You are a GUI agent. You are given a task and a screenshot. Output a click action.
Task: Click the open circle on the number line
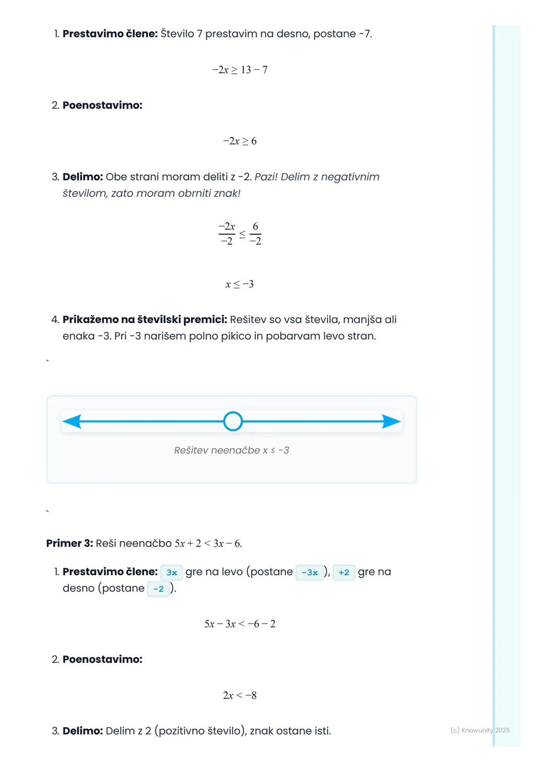[x=233, y=421]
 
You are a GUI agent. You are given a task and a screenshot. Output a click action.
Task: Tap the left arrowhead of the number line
[x=72, y=421]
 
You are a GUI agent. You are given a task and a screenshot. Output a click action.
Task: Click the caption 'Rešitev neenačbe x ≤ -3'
[x=232, y=450]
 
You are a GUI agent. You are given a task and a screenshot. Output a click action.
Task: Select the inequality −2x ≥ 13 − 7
[x=240, y=70]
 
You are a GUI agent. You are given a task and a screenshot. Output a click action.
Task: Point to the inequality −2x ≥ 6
[x=240, y=141]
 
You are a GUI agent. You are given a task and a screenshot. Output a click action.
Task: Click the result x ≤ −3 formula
[x=240, y=284]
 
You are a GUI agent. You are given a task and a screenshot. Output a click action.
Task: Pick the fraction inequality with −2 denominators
[x=240, y=234]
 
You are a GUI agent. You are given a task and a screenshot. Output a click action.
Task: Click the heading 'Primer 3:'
[x=70, y=543]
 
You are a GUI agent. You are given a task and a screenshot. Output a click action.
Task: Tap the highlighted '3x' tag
[x=172, y=572]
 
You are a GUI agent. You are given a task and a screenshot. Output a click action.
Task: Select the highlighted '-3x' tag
[x=309, y=572]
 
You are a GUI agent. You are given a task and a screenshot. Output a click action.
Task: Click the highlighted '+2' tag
[x=344, y=572]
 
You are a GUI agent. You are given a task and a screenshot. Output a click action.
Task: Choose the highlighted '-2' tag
[x=158, y=589]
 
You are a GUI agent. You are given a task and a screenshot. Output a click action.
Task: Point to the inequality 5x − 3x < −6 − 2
[x=240, y=624]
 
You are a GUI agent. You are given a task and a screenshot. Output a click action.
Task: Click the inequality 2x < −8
[x=240, y=695]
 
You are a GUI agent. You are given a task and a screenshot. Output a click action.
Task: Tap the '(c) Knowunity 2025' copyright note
[x=480, y=730]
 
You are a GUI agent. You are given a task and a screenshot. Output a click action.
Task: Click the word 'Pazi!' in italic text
[x=266, y=177]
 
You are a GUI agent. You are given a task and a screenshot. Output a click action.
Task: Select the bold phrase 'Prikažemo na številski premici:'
[x=145, y=320]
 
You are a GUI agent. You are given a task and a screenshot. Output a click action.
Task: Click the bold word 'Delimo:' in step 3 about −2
[x=83, y=177]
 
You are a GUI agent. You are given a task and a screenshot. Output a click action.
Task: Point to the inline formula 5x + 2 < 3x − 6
[x=208, y=543]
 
